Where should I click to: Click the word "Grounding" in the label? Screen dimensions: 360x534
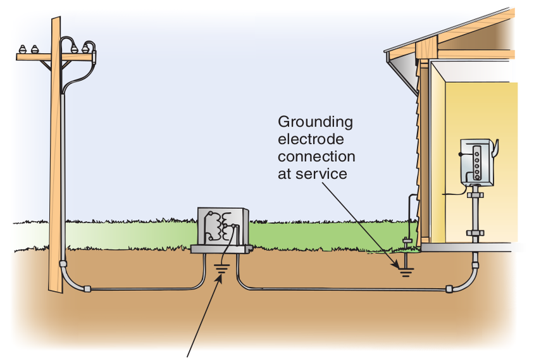315,122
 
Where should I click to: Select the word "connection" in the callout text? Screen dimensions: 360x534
316,156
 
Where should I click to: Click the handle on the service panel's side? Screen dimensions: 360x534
497,147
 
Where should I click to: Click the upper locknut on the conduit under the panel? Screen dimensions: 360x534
473,199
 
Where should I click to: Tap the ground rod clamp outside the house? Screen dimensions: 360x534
406,241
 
